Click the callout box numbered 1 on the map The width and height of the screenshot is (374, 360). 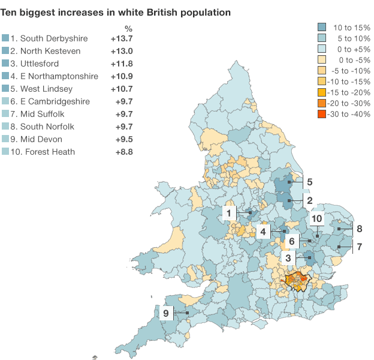[230, 212]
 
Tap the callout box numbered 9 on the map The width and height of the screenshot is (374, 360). [165, 313]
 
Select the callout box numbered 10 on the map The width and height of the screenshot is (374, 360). [317, 218]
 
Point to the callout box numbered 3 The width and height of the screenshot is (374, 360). [288, 258]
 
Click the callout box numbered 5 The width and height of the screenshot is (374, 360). [310, 181]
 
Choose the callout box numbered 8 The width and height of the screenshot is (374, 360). [359, 229]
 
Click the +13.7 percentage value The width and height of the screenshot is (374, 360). [122, 38]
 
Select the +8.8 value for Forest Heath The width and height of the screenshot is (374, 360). [123, 152]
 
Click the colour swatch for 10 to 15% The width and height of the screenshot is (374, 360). [322, 27]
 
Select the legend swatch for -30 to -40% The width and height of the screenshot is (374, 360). [322, 114]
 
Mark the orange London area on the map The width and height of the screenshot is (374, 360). [298, 281]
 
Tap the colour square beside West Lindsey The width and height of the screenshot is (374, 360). [6, 89]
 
